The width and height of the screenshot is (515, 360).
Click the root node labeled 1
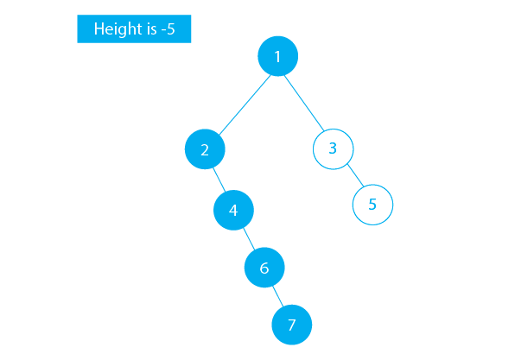[277, 57]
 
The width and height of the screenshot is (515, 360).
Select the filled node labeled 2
[205, 149]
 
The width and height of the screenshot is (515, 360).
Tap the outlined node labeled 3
[333, 148]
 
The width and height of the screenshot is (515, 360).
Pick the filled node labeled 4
[233, 209]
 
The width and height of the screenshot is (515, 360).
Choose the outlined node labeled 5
[372, 205]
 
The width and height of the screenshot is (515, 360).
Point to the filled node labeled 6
[264, 268]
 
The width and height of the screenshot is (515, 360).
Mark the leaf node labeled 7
[291, 325]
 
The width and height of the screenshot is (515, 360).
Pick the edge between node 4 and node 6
[249, 238]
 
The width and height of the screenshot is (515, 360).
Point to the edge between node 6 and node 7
[278, 297]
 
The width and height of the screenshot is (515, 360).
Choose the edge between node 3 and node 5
[353, 177]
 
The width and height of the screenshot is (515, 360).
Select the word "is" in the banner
[149, 29]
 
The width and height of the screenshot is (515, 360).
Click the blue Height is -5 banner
[134, 29]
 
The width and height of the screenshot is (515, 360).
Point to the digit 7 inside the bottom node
[291, 325]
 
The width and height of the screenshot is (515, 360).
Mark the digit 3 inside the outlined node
[333, 148]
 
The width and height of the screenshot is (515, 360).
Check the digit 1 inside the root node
[277, 57]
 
